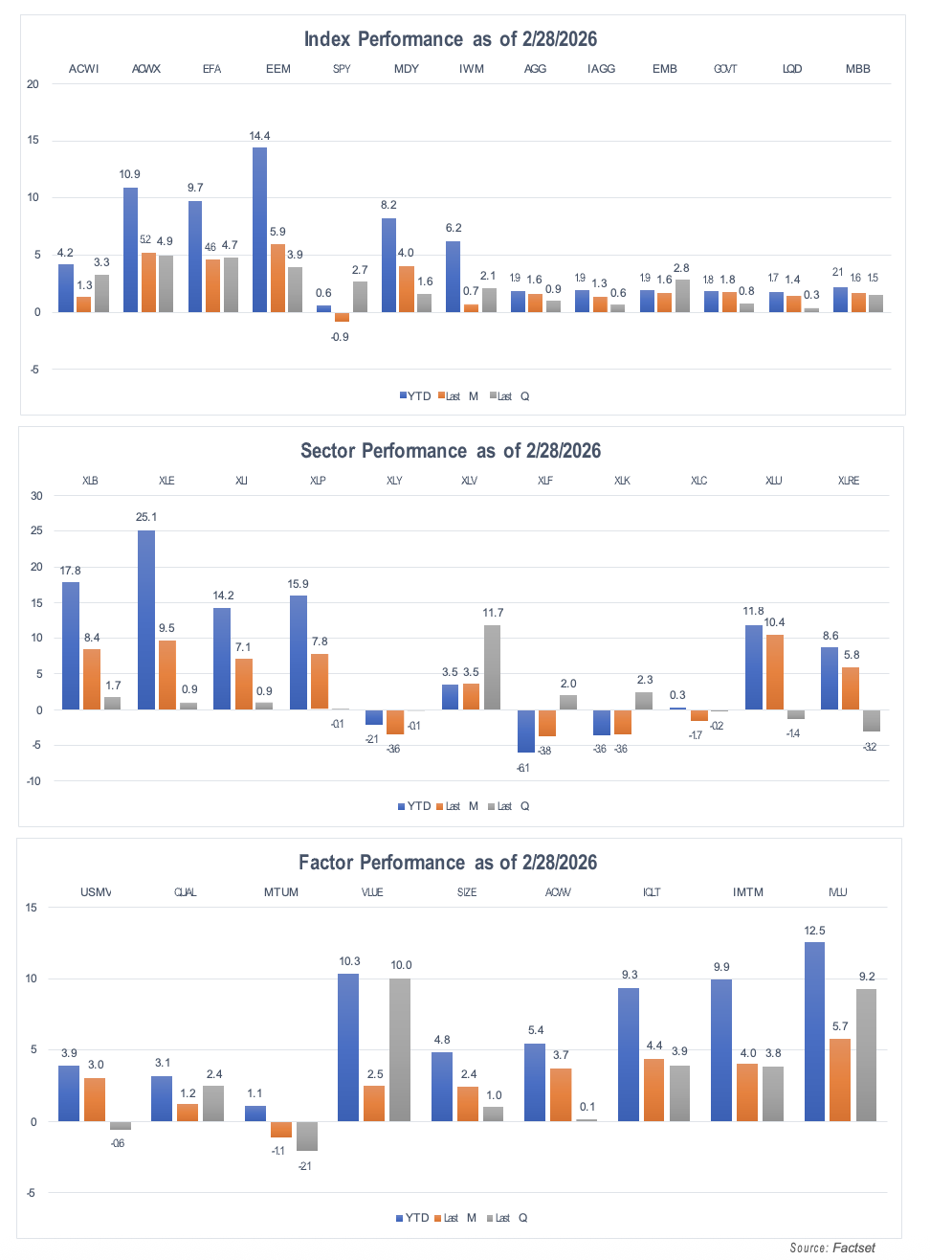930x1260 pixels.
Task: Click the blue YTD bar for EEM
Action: (x=259, y=230)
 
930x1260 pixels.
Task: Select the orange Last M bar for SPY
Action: (x=342, y=317)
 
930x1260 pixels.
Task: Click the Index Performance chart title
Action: (x=450, y=39)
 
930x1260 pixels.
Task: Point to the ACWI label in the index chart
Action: (x=84, y=69)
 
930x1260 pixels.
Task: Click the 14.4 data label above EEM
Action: (x=259, y=136)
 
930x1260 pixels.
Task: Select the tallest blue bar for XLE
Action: (x=146, y=620)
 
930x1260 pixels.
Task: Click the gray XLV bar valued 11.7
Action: (x=492, y=667)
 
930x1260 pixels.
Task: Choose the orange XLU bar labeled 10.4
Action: (x=775, y=672)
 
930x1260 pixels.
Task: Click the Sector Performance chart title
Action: (x=450, y=451)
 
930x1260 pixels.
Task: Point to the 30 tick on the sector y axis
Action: (x=36, y=496)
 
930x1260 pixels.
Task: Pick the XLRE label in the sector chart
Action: (x=848, y=481)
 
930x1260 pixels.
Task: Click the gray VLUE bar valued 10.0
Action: (x=400, y=1049)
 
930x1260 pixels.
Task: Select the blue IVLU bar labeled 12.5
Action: (x=814, y=1032)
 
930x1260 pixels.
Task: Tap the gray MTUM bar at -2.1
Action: (x=307, y=1136)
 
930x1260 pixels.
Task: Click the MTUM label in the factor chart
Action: (x=281, y=892)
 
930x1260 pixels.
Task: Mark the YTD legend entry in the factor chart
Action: (x=412, y=1218)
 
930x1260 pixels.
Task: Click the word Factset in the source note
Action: (x=853, y=1248)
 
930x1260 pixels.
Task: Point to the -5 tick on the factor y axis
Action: (x=31, y=1193)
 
